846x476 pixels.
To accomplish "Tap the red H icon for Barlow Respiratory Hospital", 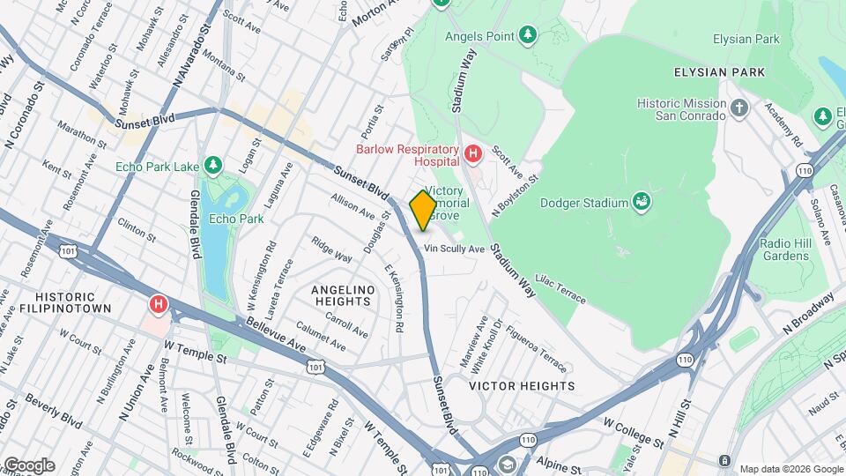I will pyautogui.click(x=473, y=155).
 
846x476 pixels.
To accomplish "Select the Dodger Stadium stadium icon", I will pyautogui.click(x=642, y=203).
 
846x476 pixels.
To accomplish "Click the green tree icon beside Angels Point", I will pyautogui.click(x=527, y=35).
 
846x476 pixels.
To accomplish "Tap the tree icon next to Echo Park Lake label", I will pyautogui.click(x=212, y=166).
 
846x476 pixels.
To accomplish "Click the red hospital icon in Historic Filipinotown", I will pyautogui.click(x=159, y=305).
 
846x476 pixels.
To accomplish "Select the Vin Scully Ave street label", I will pyautogui.click(x=455, y=249).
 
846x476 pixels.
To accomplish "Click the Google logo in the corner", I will pyautogui.click(x=28, y=465).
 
